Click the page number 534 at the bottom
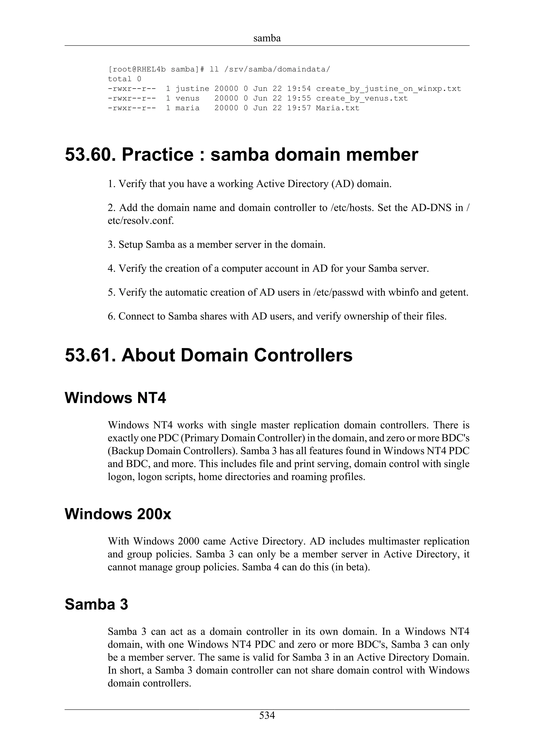click(x=267, y=716)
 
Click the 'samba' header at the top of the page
click(x=267, y=39)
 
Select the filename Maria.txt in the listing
click(x=338, y=108)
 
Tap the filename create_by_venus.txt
click(x=362, y=98)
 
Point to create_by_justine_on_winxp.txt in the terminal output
click(x=388, y=89)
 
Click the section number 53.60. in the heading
click(x=90, y=154)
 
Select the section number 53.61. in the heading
click(x=90, y=355)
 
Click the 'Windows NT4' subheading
click(x=116, y=398)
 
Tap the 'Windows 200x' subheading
click(x=118, y=514)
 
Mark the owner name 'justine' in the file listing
click(x=192, y=89)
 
